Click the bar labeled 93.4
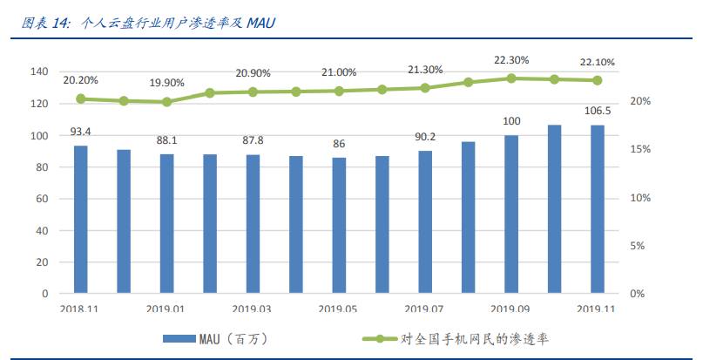80,219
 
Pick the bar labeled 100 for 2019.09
511,214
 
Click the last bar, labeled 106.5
598,208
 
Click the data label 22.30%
511,61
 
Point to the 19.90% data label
166,83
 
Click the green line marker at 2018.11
80,98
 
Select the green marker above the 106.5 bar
598,80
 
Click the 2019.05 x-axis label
339,309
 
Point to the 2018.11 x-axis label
80,309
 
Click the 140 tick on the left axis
40,71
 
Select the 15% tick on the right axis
640,150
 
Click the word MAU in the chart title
260,22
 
